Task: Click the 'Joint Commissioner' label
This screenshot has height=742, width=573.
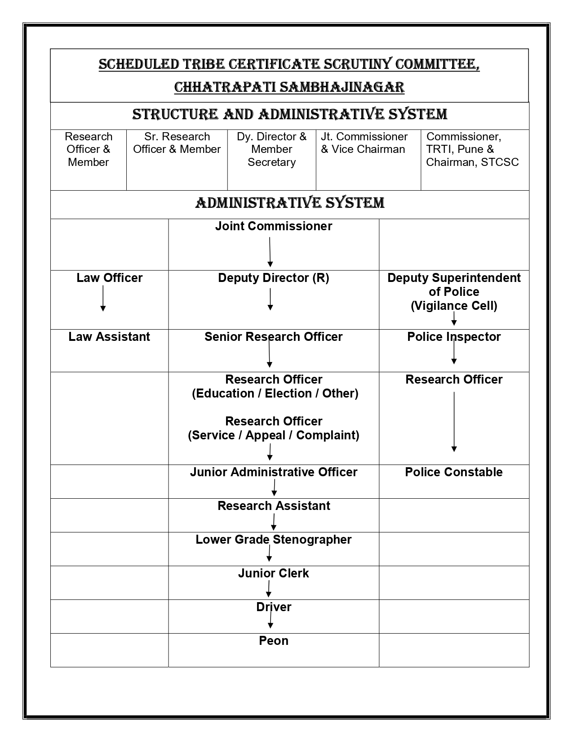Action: [273, 226]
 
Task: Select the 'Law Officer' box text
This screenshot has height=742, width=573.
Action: [109, 278]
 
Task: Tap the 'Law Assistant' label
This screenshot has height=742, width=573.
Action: [109, 337]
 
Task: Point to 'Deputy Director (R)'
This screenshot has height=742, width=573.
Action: [273, 278]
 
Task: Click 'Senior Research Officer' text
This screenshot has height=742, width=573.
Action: [273, 337]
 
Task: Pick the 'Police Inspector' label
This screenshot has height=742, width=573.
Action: [454, 337]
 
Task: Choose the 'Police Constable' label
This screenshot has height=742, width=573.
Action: [454, 472]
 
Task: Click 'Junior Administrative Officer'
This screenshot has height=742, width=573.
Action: [273, 472]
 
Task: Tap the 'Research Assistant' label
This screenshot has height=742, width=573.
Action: [273, 506]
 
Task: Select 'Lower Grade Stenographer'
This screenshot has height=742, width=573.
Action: [273, 540]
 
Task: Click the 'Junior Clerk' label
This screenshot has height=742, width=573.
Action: [273, 573]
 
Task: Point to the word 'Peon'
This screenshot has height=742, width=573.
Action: [273, 641]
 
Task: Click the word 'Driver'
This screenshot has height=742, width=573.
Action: [273, 607]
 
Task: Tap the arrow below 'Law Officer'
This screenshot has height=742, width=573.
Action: [103, 299]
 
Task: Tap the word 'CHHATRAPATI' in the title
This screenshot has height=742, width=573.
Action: [224, 87]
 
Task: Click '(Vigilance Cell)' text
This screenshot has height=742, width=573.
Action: [454, 306]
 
